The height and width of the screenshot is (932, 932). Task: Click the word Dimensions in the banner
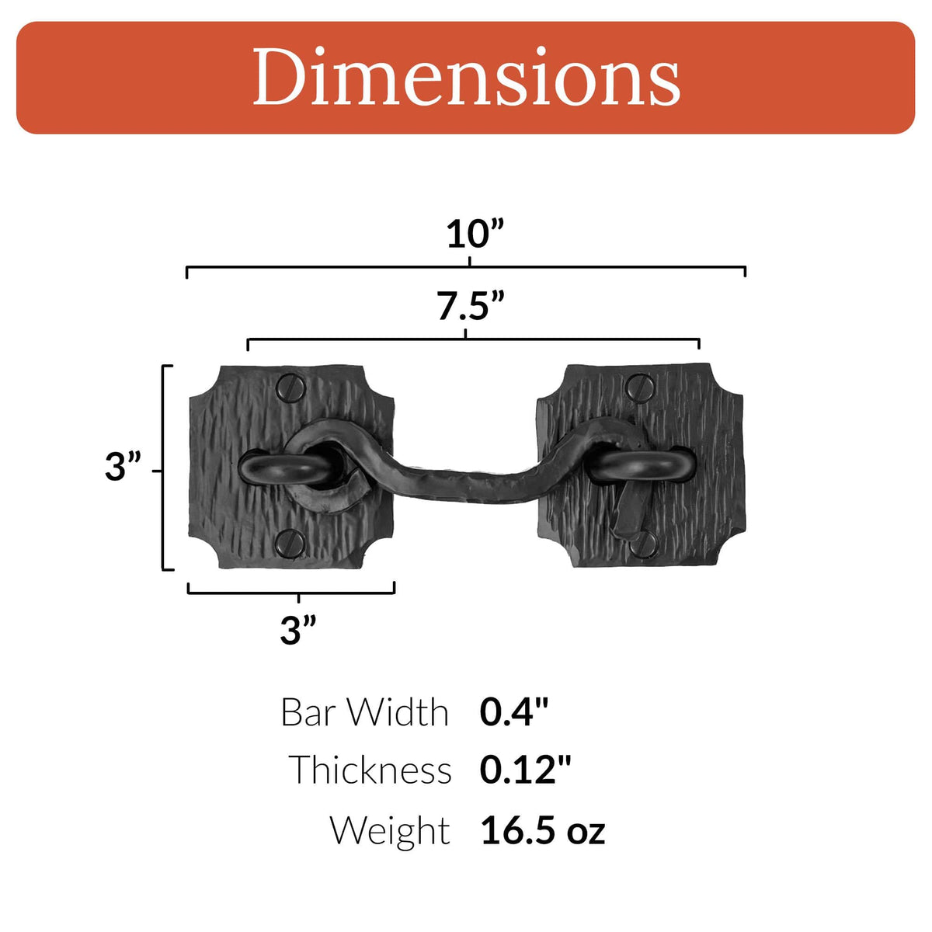pos(466,78)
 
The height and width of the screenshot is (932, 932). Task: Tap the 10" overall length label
pos(475,234)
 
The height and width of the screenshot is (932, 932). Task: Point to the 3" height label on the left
pos(123,468)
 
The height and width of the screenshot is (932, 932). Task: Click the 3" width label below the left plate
pos(298,630)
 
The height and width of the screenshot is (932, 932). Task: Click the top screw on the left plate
pos(292,387)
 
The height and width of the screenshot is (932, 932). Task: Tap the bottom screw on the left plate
pos(291,542)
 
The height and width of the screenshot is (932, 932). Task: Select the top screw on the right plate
pos(641,387)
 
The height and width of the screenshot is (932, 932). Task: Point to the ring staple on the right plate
pos(641,467)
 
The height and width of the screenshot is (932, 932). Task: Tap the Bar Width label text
pos(364,712)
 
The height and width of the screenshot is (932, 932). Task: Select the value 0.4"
pos(513,712)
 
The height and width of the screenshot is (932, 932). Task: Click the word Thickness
pos(370,770)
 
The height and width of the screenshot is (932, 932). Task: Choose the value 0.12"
pos(525,770)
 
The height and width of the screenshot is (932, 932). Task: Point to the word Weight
pos(389,830)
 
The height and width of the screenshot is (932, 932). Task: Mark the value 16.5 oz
pos(542,830)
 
